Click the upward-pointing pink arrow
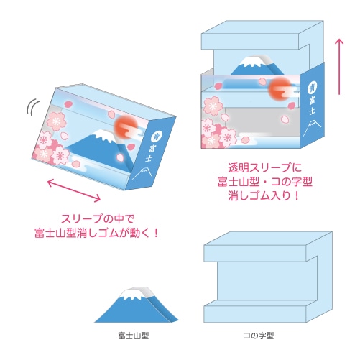click(x=339, y=67)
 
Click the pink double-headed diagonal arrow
click(x=74, y=190)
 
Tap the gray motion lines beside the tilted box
click(x=33, y=107)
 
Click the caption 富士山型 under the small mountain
click(x=134, y=336)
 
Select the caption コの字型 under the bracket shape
click(x=259, y=336)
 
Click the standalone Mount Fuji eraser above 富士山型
click(x=137, y=305)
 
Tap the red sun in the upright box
click(x=280, y=88)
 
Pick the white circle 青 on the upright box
click(x=312, y=88)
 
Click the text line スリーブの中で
click(x=98, y=218)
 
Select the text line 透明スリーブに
click(x=264, y=167)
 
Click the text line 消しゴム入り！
click(x=264, y=195)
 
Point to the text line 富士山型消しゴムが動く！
click(x=96, y=233)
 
